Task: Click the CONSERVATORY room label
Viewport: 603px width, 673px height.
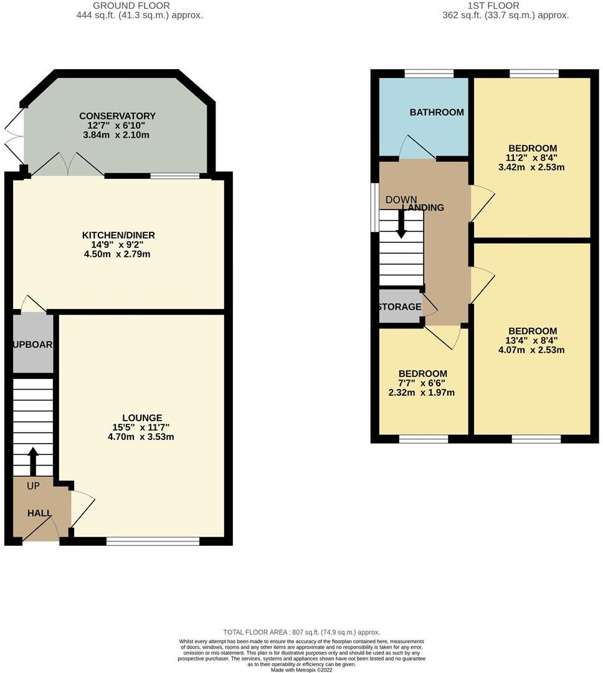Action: [117, 116]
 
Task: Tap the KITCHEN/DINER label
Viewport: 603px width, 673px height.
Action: [118, 235]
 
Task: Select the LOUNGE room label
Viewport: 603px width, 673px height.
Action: [142, 418]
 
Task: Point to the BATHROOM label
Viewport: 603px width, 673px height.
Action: [436, 112]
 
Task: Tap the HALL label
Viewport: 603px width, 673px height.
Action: [39, 513]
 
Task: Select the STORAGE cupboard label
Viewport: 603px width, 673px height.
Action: [399, 307]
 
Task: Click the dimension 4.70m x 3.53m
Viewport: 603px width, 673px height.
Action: [141, 437]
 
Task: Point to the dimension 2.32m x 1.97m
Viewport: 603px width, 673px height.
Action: [422, 393]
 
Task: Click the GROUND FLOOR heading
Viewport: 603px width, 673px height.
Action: [131, 6]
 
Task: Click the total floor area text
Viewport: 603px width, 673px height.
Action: [301, 632]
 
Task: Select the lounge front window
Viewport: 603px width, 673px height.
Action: [153, 541]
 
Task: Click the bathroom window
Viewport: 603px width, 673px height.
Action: [429, 74]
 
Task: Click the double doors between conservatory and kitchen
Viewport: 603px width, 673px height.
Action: [68, 165]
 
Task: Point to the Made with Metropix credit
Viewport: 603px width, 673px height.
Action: [301, 670]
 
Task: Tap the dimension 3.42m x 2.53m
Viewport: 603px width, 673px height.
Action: [532, 167]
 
